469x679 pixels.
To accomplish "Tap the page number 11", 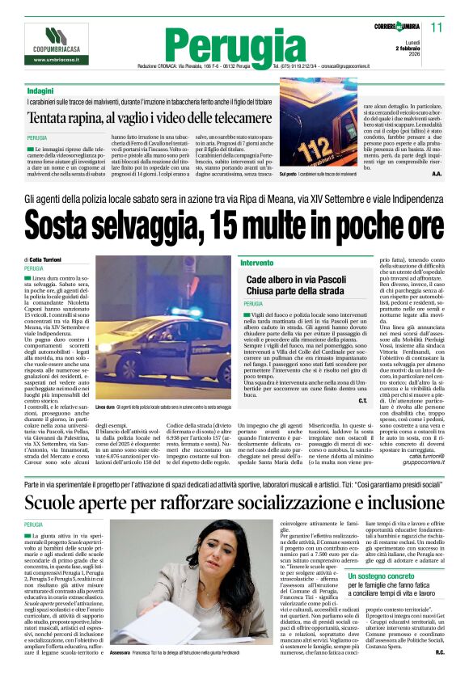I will tap(437, 27).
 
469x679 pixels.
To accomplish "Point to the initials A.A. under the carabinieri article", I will tap(437, 173).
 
